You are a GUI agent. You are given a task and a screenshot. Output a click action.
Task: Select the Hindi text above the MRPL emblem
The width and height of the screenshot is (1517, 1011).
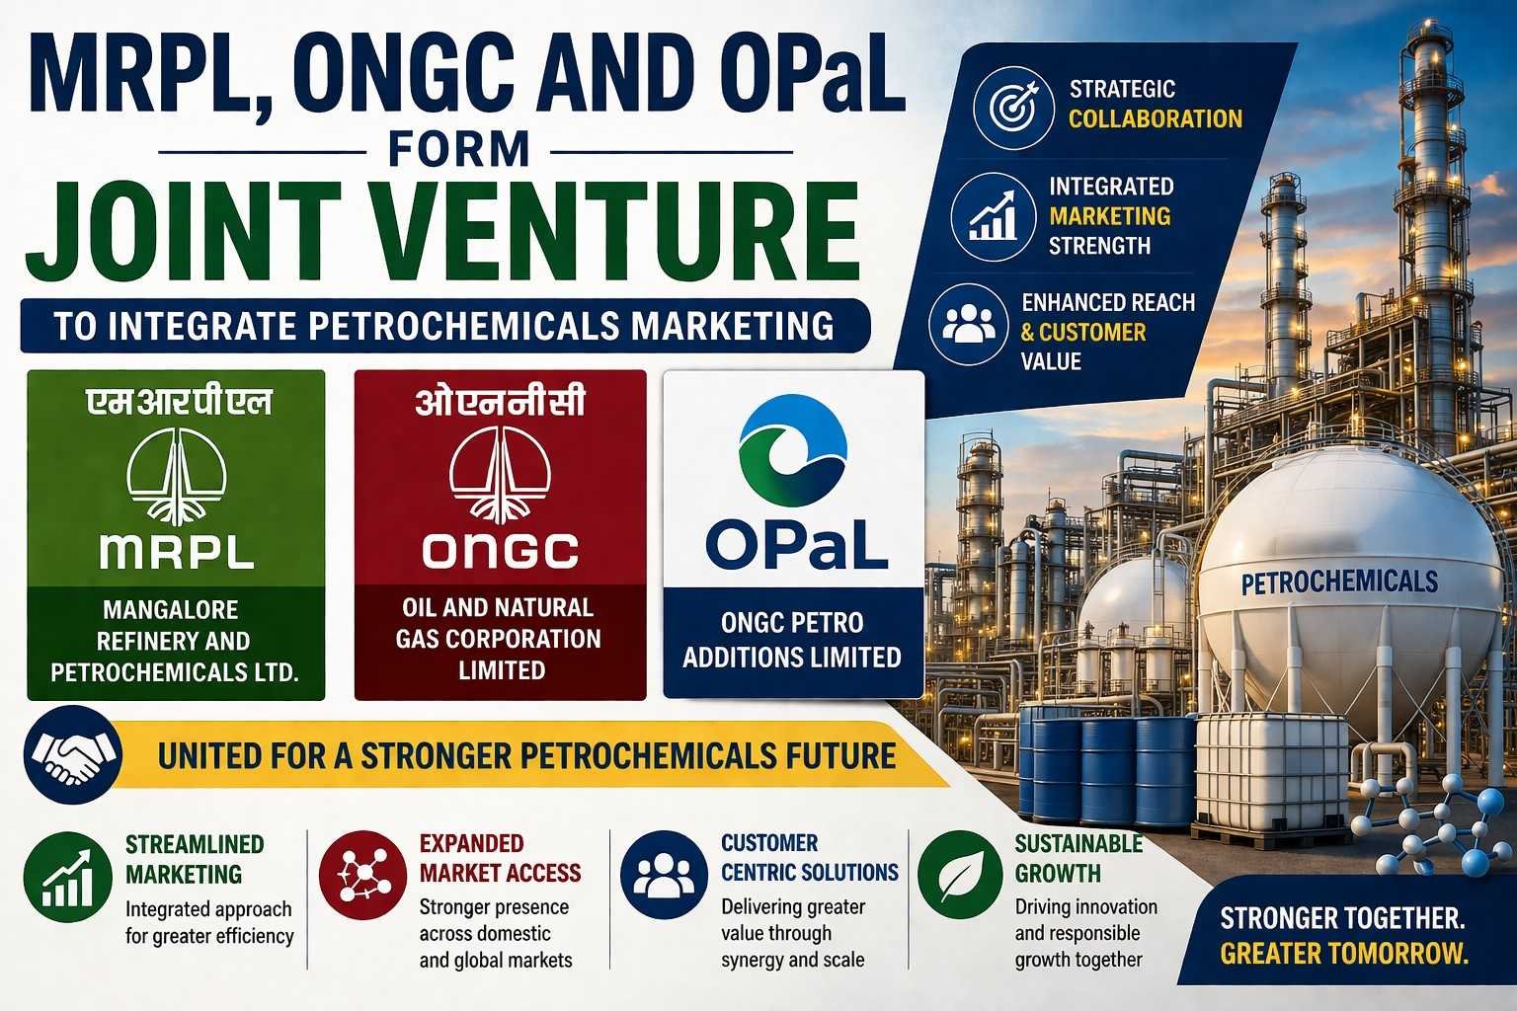coord(178,402)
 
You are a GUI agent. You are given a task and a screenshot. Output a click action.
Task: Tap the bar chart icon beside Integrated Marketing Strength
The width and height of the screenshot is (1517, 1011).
coord(992,216)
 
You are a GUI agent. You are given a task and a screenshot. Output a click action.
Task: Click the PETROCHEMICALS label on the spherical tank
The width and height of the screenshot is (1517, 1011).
coord(1339,582)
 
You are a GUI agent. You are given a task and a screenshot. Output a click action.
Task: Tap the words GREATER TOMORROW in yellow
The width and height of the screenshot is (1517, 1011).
coord(1343,954)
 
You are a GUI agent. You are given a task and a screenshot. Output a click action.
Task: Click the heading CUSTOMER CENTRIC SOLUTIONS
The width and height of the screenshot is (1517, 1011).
coord(809,858)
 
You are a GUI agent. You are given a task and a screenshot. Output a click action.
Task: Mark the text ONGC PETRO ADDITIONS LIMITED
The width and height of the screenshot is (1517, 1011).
coord(792,640)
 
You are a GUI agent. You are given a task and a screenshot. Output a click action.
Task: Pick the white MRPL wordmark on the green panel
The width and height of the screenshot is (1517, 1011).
coord(177,552)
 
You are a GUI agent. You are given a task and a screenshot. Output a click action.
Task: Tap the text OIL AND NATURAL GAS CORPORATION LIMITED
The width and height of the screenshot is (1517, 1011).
coord(500,639)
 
